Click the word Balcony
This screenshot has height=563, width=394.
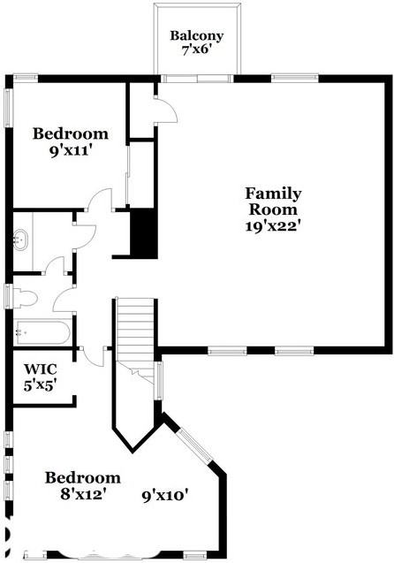click(196, 36)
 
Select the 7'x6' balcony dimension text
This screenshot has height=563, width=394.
click(196, 51)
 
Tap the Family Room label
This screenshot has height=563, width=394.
click(273, 202)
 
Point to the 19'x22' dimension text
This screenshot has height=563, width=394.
click(273, 225)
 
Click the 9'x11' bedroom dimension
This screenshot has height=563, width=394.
click(71, 150)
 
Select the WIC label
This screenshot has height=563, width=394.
click(40, 369)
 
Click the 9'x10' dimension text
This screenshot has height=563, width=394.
click(165, 496)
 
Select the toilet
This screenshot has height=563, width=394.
click(24, 296)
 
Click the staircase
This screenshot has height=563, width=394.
click(136, 327)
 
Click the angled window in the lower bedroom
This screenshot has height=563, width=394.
click(193, 446)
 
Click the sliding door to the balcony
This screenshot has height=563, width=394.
click(196, 79)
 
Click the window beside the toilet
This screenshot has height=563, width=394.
click(9, 295)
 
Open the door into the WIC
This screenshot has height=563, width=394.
click(91, 355)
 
